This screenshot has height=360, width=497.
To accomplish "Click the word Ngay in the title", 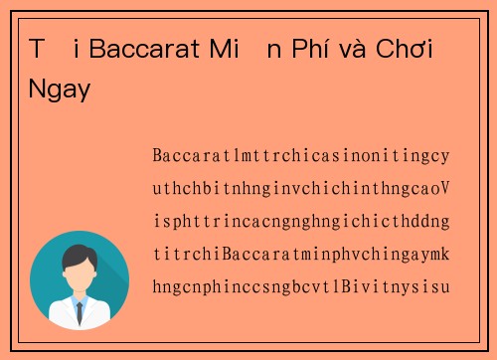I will (x=60, y=90).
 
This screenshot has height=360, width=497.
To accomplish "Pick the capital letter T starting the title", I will (x=37, y=50).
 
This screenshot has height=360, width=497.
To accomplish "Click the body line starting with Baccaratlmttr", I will (x=301, y=156).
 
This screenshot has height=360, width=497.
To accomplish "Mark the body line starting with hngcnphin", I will (x=301, y=287).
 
